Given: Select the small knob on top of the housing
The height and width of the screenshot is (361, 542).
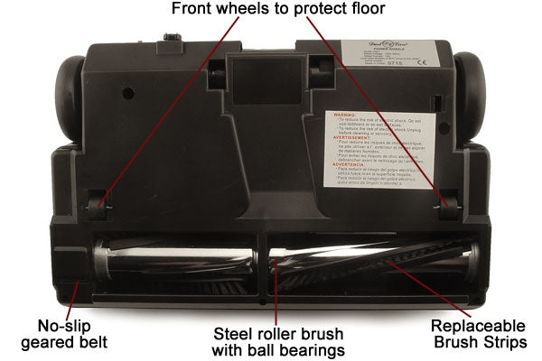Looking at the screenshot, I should coord(168,41).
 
